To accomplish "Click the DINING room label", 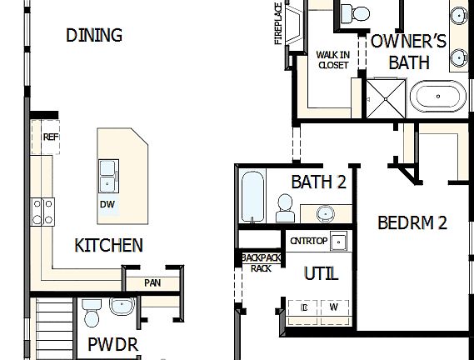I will pos(94,35).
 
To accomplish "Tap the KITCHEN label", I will pos(108,245).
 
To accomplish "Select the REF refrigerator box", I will pos(49,137).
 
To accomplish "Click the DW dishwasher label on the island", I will pos(107,203).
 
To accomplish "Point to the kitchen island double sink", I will pos(107,175).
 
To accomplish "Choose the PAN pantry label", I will pos(152,282).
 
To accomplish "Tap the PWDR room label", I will pos(112,343).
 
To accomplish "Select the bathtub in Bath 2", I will pos(252,196).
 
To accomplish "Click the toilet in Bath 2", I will pos(284,207).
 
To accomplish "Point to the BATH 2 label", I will pos(318,182).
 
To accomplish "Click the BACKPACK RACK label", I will pos(261,263).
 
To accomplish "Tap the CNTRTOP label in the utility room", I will pos(308,241).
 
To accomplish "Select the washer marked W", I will pos(333,307).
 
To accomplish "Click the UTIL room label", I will pos(321,273).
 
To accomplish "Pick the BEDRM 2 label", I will pos(412,222).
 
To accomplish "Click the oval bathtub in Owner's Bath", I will pos(441,96).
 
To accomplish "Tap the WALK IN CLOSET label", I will pos(332,60).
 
